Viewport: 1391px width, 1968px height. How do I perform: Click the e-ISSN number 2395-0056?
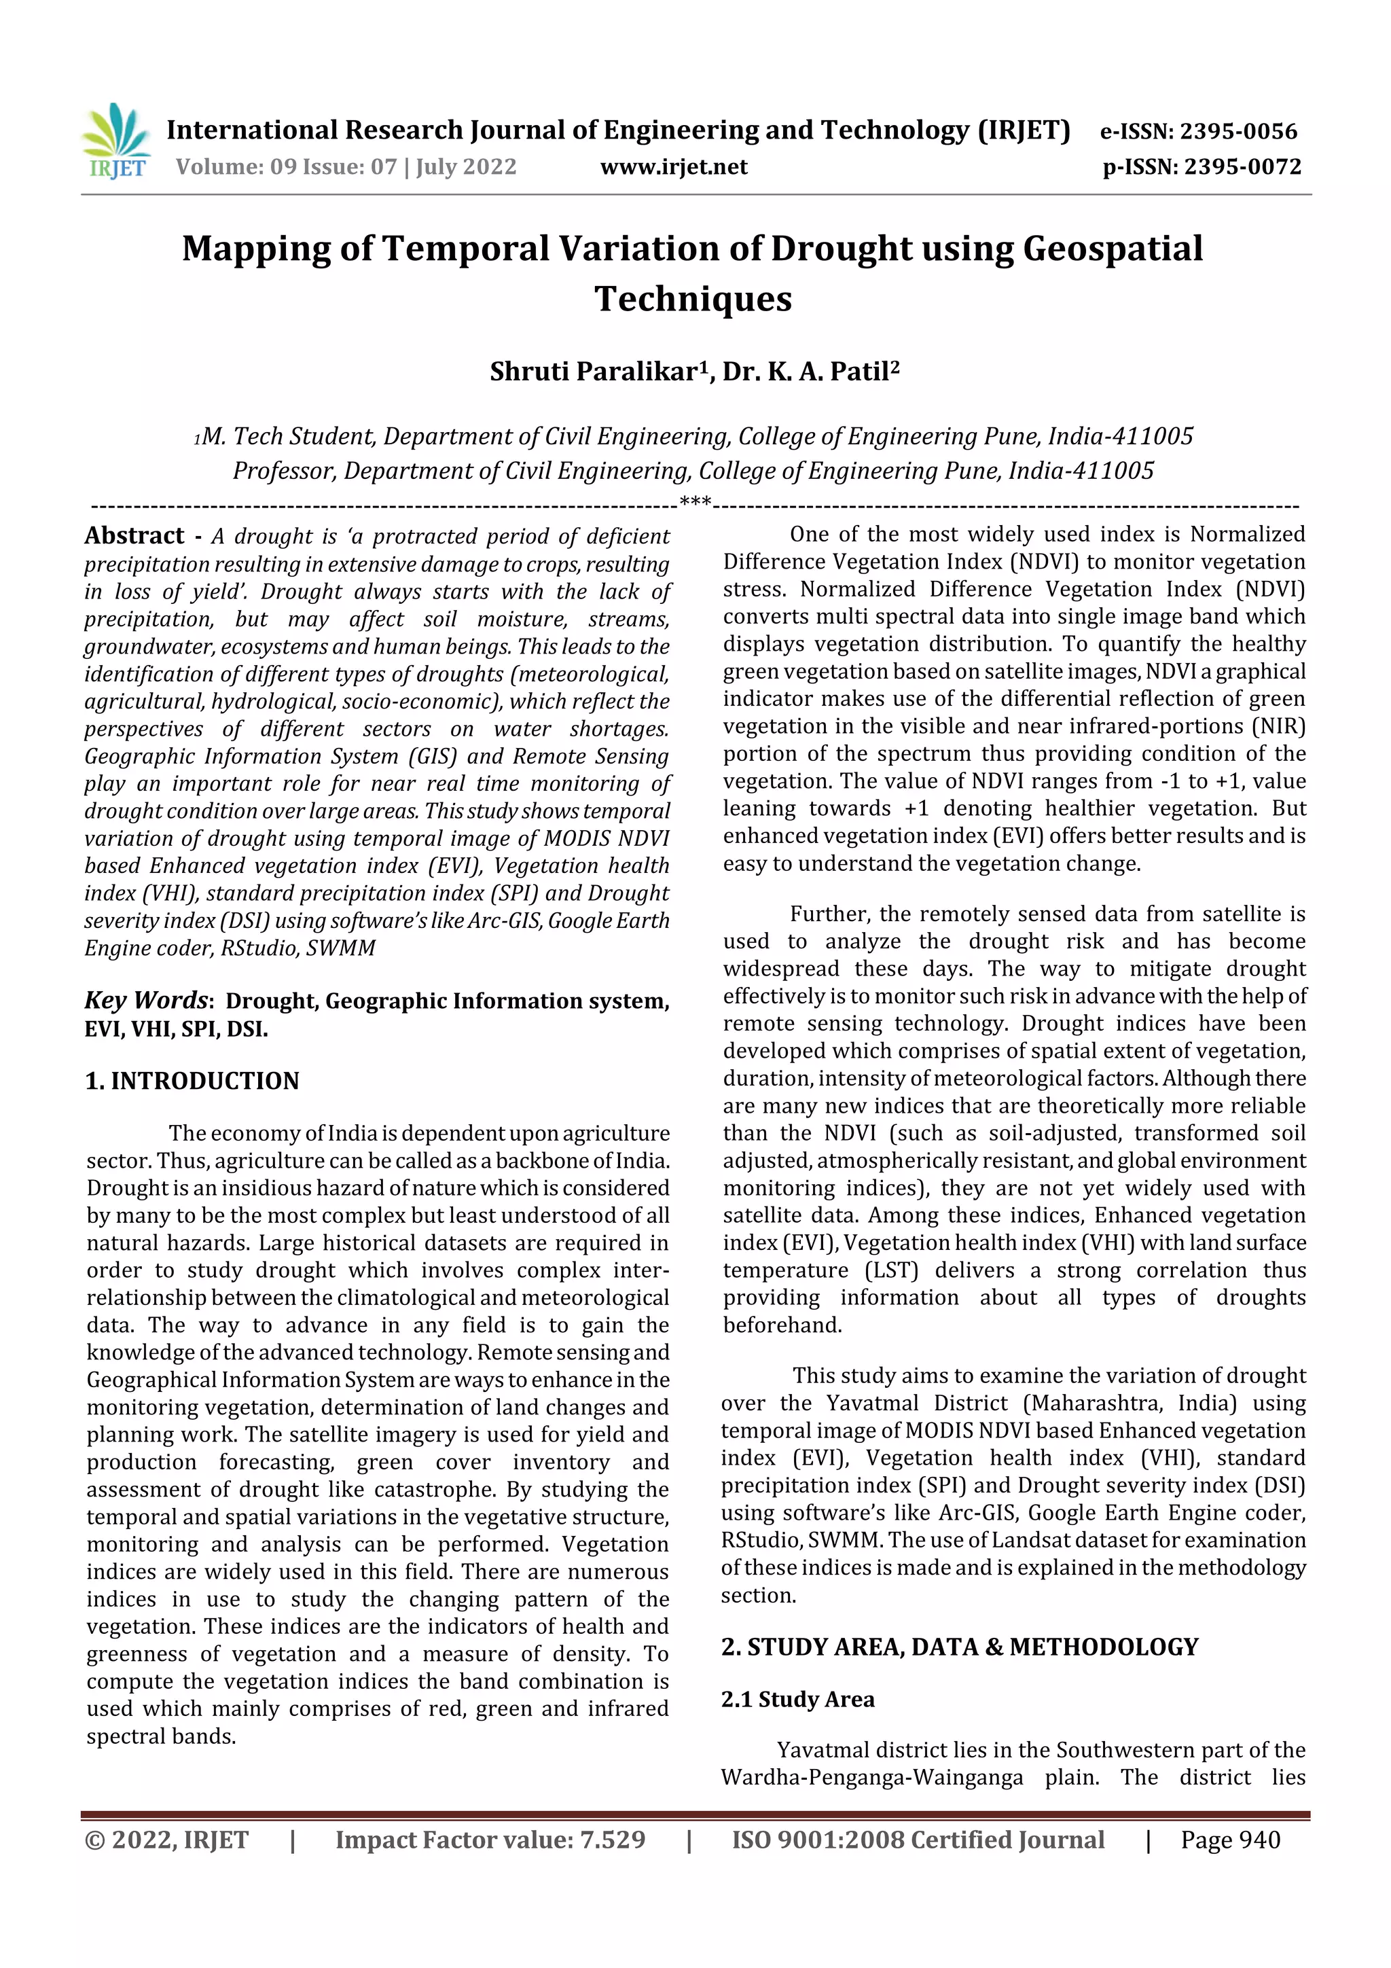[1238, 131]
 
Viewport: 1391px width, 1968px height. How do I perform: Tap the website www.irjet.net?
[674, 166]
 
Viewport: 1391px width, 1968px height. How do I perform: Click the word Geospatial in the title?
[1113, 249]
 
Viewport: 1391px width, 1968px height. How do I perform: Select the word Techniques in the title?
[693, 298]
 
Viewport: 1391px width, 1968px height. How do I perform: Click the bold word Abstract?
[134, 536]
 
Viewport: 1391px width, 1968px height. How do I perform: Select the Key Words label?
[146, 1000]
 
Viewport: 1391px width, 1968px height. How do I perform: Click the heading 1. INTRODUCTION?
[193, 1081]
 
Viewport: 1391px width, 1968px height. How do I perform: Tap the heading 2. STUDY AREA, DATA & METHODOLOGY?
[960, 1647]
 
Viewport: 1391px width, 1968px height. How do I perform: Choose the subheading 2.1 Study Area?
[798, 1699]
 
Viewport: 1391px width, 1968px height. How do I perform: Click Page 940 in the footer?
[1230, 1840]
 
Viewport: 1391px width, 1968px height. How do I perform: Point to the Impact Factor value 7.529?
[612, 1840]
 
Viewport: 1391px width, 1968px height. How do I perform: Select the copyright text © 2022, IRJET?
[167, 1840]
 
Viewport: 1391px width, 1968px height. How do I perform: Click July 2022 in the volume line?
[467, 166]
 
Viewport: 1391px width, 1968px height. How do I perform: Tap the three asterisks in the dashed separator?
[695, 502]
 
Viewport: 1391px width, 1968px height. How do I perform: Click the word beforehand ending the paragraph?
[782, 1325]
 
